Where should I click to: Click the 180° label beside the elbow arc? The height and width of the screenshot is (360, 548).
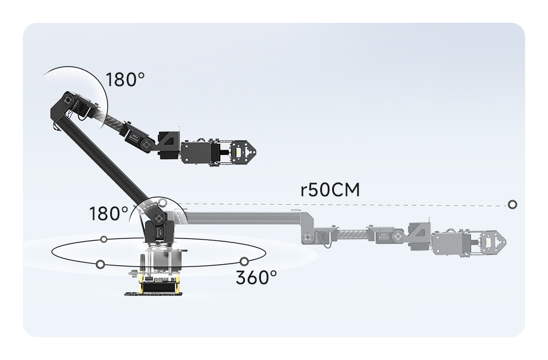click(x=125, y=80)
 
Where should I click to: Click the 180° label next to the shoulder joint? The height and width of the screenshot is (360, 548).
click(x=108, y=213)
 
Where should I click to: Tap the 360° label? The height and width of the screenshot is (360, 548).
click(x=256, y=278)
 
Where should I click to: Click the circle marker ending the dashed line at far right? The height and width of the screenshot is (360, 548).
click(x=513, y=205)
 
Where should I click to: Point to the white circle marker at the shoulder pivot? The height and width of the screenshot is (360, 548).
click(x=162, y=202)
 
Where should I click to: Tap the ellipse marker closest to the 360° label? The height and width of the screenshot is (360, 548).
click(x=244, y=261)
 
